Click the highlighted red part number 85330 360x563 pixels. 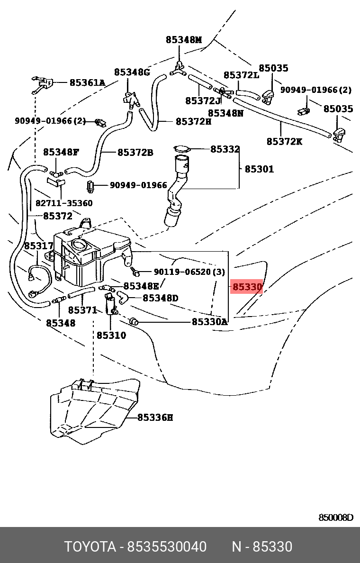point(246,287)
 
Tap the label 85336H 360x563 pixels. point(155,418)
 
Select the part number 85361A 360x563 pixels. point(87,83)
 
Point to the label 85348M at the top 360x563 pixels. point(184,40)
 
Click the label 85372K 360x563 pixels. point(284,141)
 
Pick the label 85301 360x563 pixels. point(259,169)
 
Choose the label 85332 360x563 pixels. point(225,149)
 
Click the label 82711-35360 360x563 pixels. point(64,203)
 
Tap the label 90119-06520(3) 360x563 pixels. point(189,272)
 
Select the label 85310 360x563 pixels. point(111,336)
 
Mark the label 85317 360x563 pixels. point(39,246)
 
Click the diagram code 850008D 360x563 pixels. point(335,518)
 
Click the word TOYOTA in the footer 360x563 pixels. point(90,547)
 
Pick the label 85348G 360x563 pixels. point(132,72)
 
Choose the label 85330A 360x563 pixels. point(209,322)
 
